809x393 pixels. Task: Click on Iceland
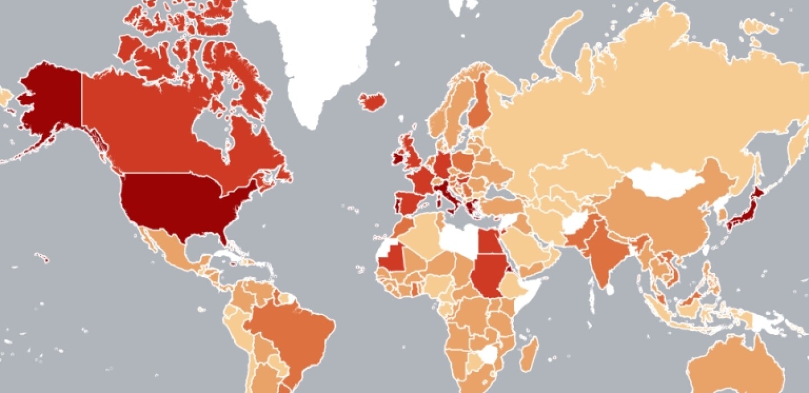point(372,102)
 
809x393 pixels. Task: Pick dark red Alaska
point(51,101)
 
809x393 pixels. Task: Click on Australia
point(736,365)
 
